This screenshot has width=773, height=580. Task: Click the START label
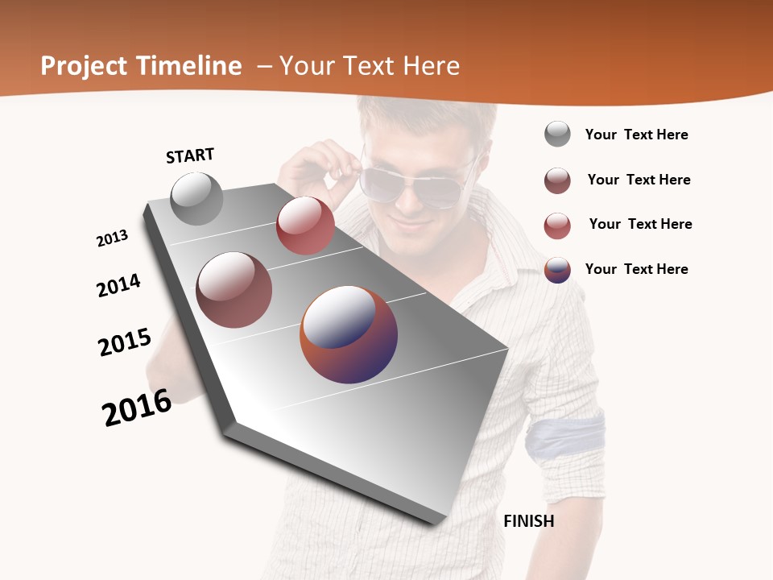[190, 155]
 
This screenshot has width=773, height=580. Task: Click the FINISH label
[528, 521]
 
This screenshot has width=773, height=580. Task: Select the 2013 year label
[113, 238]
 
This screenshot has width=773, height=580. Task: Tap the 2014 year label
[119, 285]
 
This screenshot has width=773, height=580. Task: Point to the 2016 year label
[137, 408]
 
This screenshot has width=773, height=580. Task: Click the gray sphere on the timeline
[196, 198]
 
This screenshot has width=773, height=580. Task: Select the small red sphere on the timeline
[305, 226]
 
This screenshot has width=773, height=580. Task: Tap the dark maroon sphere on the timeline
[234, 290]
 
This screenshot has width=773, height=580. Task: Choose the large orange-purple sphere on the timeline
[349, 334]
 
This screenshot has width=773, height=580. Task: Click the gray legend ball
[557, 135]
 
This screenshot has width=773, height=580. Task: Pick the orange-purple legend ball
[557, 270]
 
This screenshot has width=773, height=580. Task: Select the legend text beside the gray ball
[636, 135]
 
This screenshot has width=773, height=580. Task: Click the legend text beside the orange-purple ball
[636, 269]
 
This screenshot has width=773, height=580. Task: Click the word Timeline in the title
[189, 66]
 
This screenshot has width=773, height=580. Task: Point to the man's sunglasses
[411, 181]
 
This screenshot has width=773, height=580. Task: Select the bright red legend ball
[557, 226]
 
